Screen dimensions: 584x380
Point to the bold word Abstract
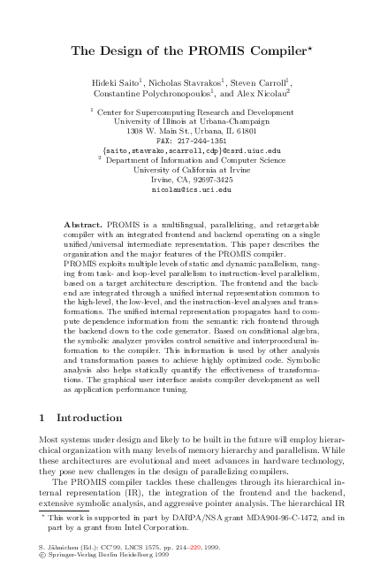[x=84, y=227]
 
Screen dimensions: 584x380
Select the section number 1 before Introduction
[x=44, y=417]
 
